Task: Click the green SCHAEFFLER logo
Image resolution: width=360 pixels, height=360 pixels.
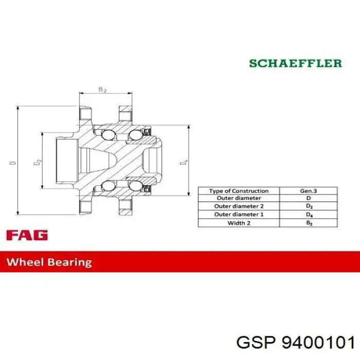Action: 296,63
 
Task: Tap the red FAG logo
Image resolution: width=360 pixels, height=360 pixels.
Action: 27,235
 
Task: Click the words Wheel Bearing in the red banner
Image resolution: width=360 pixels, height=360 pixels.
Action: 49,262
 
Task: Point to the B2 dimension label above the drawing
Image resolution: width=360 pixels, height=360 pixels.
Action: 102,89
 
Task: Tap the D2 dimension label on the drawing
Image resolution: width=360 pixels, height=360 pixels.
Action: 38,162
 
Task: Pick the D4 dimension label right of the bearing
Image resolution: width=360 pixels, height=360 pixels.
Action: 184,162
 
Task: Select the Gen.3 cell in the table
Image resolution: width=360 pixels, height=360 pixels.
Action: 309,191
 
